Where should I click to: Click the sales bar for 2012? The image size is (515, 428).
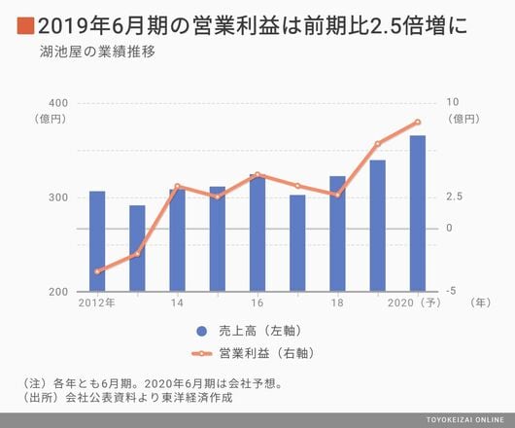point(97,241)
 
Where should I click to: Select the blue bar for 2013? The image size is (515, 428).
point(137,248)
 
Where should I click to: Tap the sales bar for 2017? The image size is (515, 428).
point(297,243)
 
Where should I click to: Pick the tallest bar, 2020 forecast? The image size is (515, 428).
point(418,213)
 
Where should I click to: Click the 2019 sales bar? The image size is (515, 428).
point(378,226)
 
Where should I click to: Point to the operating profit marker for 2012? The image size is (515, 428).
point(97,271)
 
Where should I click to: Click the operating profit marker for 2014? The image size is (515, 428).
point(178,187)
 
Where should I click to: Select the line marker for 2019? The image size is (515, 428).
point(378,144)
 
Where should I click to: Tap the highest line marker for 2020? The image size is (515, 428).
point(418,123)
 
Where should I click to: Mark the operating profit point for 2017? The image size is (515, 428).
point(297,186)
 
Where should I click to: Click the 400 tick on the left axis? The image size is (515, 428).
point(58,103)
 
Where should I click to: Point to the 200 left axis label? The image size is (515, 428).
point(58,292)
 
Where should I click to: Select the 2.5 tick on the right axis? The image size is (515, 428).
point(454,196)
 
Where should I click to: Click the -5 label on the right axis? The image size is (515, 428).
point(451,291)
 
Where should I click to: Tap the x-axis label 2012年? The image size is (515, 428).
point(96,303)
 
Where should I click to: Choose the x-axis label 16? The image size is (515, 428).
point(257,303)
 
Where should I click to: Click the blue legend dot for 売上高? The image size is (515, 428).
point(202,331)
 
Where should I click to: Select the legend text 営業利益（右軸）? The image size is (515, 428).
point(266,353)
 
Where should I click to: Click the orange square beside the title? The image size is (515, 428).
point(25,25)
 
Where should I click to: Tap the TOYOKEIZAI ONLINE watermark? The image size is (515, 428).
point(464,420)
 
